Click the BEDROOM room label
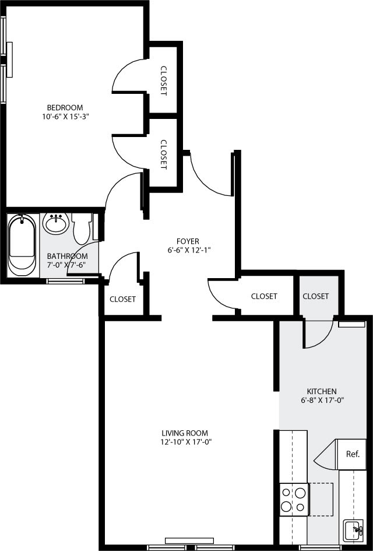(65, 107)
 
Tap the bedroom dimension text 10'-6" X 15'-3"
(65, 116)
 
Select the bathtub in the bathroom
(22, 245)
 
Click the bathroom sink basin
(56, 223)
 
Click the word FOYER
(188, 241)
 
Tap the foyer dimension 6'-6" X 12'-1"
(188, 250)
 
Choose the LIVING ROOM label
(185, 433)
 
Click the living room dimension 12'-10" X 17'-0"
(185, 442)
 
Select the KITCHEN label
(322, 391)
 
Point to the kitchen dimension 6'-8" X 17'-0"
(322, 401)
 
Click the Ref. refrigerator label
(353, 454)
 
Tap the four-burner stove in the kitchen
(294, 499)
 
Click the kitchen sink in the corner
(354, 531)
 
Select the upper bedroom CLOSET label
(163, 79)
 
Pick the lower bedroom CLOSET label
(163, 154)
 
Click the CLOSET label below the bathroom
(123, 299)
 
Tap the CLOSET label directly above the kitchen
(316, 296)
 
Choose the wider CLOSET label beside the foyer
(264, 296)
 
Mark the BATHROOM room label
(68, 256)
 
